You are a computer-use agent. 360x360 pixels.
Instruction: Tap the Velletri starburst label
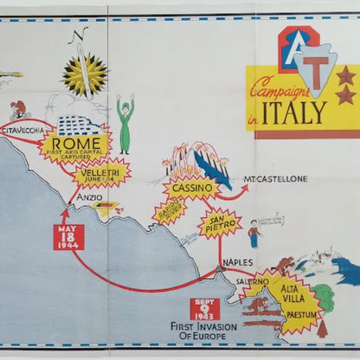pos(102,173)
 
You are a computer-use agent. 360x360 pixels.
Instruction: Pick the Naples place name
pos(237,262)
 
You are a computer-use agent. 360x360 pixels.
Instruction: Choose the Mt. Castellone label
pos(275,179)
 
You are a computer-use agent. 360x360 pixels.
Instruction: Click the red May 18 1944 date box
pos(68,236)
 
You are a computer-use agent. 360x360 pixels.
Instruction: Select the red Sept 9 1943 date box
pos(205,309)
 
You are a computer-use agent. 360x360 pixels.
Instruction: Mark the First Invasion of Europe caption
pos(205,332)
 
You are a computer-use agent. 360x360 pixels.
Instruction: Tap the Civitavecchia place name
pos(22,130)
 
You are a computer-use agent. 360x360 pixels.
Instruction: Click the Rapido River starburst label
pos(170,210)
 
